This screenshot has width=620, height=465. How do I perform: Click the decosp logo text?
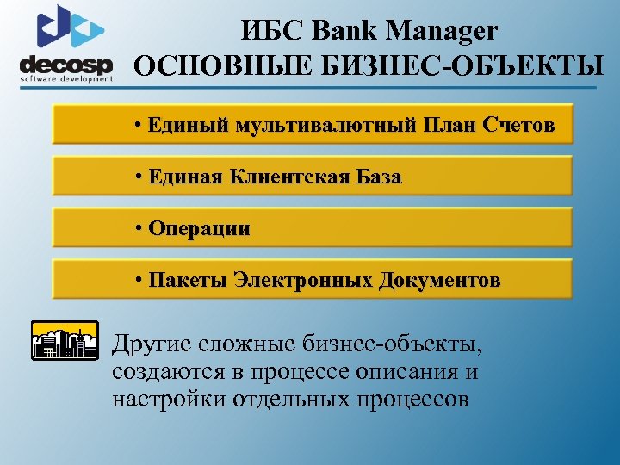coord(65,65)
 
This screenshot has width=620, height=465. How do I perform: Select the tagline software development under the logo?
coord(66,79)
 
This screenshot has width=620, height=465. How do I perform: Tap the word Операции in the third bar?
coord(199,228)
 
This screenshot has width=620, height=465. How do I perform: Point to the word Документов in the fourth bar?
coord(440,281)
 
